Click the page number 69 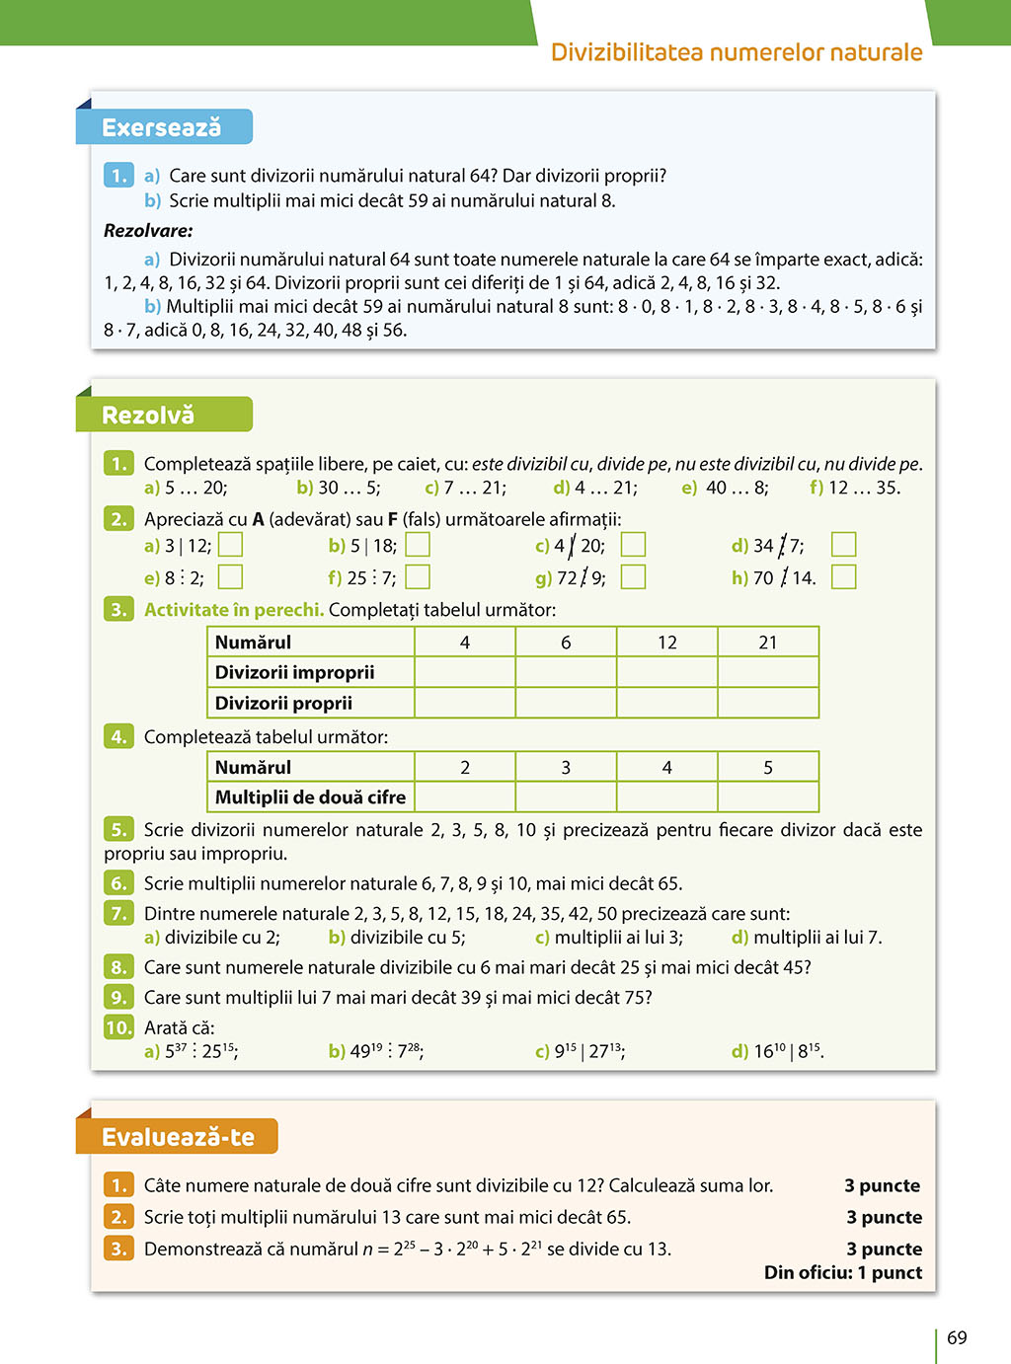(957, 1338)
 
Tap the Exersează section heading (162, 127)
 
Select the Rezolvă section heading (149, 416)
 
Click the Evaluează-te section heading (178, 1137)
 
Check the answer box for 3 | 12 (230, 545)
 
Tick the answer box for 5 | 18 (418, 545)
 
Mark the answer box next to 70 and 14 (843, 576)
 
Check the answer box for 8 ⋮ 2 (230, 576)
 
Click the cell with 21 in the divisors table (768, 643)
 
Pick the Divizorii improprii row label (295, 672)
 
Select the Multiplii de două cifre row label (310, 796)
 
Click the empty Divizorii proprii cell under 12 (667, 703)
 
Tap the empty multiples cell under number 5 (768, 796)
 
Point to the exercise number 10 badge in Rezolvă (118, 1027)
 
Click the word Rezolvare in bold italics (148, 231)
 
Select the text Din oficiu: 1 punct (843, 1272)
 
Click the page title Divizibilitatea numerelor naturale (737, 52)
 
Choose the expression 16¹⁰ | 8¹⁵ (788, 1051)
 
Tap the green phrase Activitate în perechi (234, 610)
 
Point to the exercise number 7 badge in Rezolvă (118, 913)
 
